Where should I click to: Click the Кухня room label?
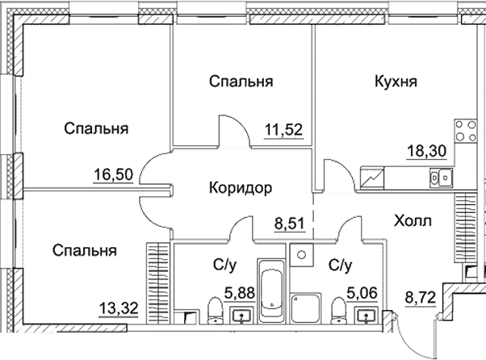396,81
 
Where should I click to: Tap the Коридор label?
240,187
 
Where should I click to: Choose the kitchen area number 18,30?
425,150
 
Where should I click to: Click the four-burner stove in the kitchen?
467,129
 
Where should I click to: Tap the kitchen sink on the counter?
440,175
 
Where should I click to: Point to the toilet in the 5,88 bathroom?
216,309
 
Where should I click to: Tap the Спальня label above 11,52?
240,81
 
